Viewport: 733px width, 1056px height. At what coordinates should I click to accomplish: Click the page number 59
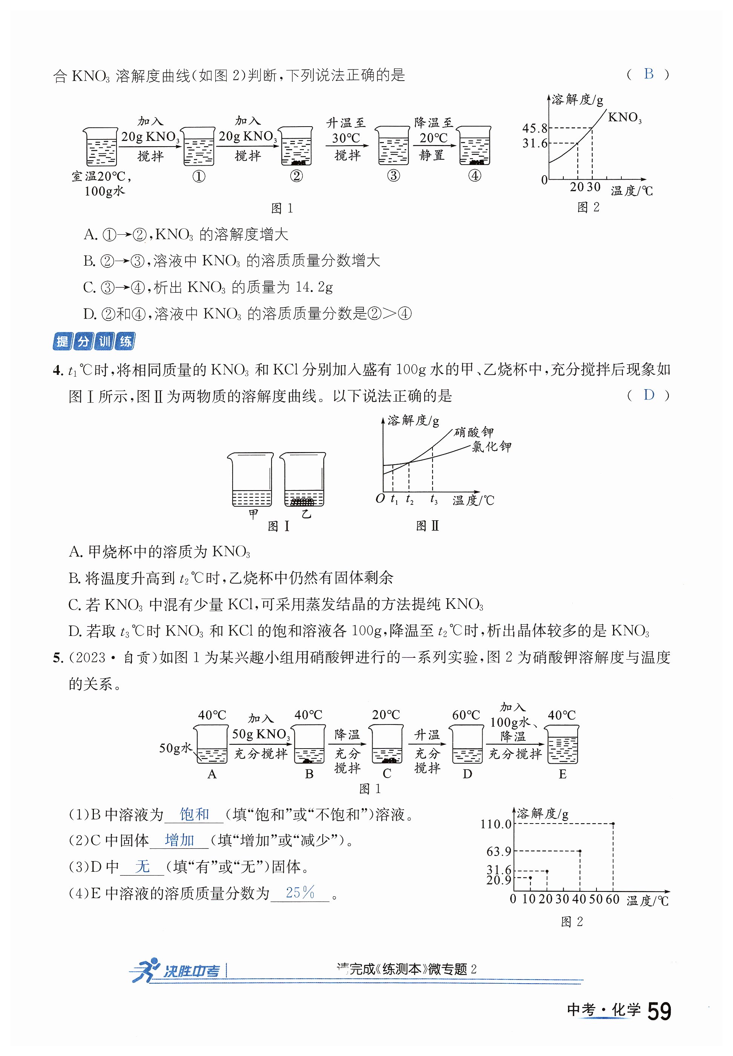click(x=659, y=1012)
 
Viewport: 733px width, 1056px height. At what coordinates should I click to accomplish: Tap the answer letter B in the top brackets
click(x=649, y=74)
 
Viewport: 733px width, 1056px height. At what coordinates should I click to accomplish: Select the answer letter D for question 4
click(x=649, y=395)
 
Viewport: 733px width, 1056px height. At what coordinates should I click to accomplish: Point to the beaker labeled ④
click(x=475, y=145)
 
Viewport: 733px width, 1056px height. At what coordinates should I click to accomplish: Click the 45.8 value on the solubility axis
click(x=535, y=128)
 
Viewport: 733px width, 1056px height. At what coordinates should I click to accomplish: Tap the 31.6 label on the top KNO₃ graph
click(x=535, y=143)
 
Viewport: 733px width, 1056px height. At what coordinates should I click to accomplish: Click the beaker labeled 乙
click(x=303, y=480)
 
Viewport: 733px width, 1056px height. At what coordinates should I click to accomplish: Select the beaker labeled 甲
click(x=251, y=480)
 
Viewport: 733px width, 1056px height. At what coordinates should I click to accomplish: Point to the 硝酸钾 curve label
click(x=474, y=432)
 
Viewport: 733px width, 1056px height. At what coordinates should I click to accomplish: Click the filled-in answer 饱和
click(x=194, y=814)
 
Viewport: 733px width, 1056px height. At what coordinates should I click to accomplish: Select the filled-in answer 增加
click(x=179, y=840)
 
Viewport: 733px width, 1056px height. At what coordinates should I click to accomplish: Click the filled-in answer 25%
click(x=300, y=892)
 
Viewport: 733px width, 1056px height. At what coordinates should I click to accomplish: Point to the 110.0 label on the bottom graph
click(x=495, y=824)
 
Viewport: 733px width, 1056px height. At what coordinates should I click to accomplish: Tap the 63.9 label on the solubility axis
click(x=498, y=852)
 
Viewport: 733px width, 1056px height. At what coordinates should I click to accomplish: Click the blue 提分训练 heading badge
click(x=94, y=341)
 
